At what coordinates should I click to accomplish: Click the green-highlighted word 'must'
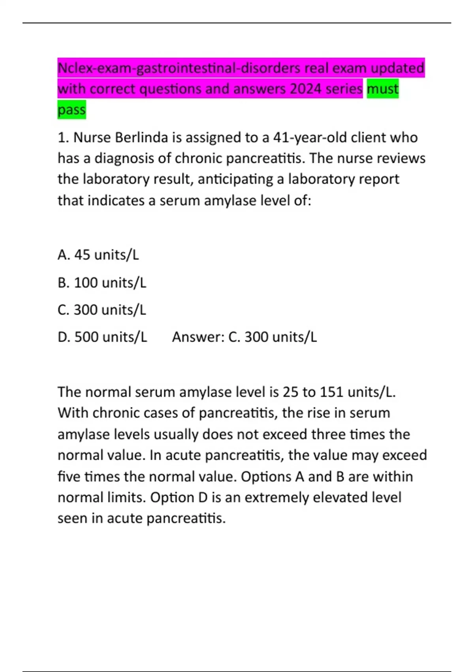pos(382,89)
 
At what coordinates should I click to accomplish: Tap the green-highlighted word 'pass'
pos(71,109)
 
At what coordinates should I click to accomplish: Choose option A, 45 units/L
pos(98,255)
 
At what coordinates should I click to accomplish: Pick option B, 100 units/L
pos(102,283)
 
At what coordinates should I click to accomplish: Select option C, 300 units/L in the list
pos(102,310)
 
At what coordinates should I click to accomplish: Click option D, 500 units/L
pos(102,337)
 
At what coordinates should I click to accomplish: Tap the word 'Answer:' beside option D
pos(198,337)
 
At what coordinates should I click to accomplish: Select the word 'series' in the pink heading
pos(344,89)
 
